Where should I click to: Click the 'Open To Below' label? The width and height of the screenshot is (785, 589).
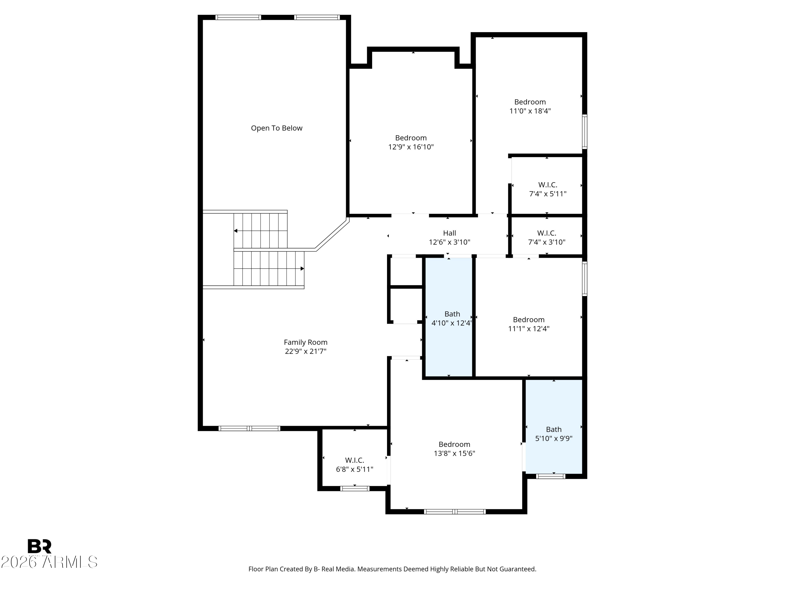(x=277, y=128)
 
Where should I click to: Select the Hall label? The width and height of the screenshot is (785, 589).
(x=449, y=233)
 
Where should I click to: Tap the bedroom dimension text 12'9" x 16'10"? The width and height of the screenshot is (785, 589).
(x=411, y=147)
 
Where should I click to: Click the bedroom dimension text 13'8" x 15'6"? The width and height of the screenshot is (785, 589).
(x=454, y=453)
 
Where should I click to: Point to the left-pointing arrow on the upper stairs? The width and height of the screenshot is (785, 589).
(x=236, y=231)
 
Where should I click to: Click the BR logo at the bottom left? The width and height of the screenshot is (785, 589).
(x=40, y=546)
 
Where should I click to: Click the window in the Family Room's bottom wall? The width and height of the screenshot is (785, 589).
(x=249, y=429)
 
